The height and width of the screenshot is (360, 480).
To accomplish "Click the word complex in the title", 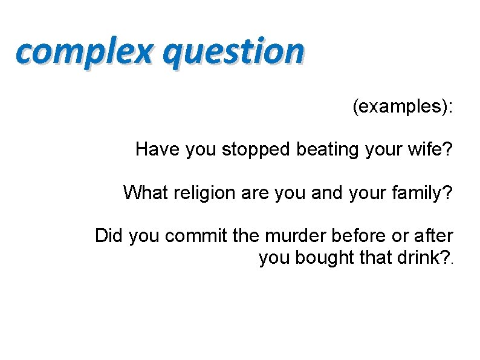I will tap(85, 51).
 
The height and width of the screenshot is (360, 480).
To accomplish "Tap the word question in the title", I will tap(233, 51).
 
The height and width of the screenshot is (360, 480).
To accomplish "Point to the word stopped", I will tap(257, 149).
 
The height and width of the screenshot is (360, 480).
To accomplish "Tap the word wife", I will tap(430, 149).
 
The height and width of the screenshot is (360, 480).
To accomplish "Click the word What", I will tap(143, 192).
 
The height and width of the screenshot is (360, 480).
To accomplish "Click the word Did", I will tap(109, 236).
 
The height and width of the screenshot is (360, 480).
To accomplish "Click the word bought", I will tap(323, 258).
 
